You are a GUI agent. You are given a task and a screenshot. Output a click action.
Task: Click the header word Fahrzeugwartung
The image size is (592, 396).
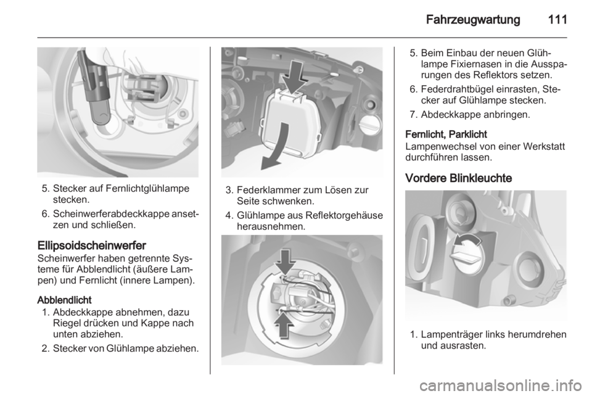coord(473,20)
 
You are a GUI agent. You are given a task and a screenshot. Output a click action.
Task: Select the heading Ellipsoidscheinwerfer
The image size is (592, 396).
coord(92,245)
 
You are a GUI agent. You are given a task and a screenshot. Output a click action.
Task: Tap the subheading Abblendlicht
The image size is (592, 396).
coord(64,300)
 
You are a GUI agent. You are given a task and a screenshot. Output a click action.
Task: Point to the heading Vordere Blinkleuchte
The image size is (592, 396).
coord(458,178)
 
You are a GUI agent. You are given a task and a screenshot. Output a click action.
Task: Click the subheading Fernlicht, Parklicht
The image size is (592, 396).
coord(446,134)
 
